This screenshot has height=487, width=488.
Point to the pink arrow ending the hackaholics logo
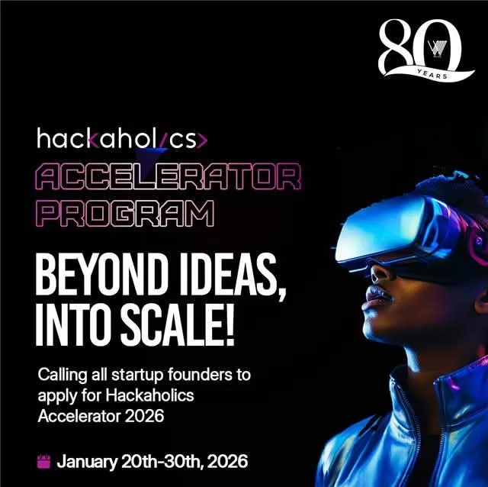coord(201,140)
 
